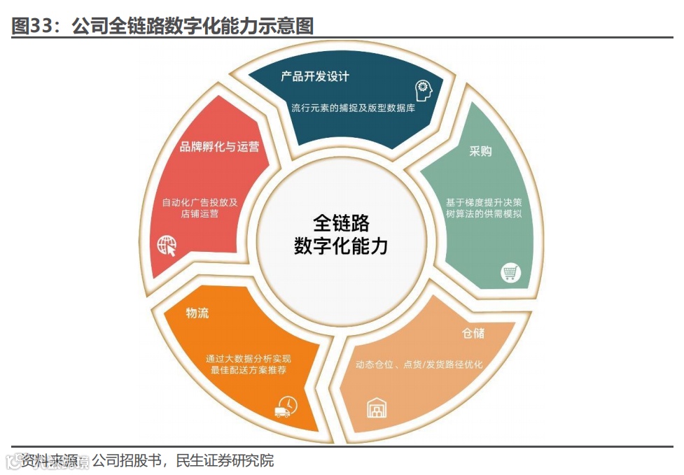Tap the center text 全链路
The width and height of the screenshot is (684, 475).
coord(341,222)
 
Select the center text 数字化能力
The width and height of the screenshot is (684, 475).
coord(341,246)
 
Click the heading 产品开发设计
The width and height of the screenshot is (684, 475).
coord(315,76)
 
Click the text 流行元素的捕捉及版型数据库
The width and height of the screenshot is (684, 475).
coord(353,108)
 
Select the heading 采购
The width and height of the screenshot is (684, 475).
coord(480,152)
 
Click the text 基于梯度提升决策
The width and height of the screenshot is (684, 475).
coord(484,201)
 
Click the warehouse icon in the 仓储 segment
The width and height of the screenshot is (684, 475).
coord(377,406)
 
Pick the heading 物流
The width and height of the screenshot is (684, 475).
coord(197,313)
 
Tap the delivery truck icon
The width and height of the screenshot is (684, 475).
coord(286,406)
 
